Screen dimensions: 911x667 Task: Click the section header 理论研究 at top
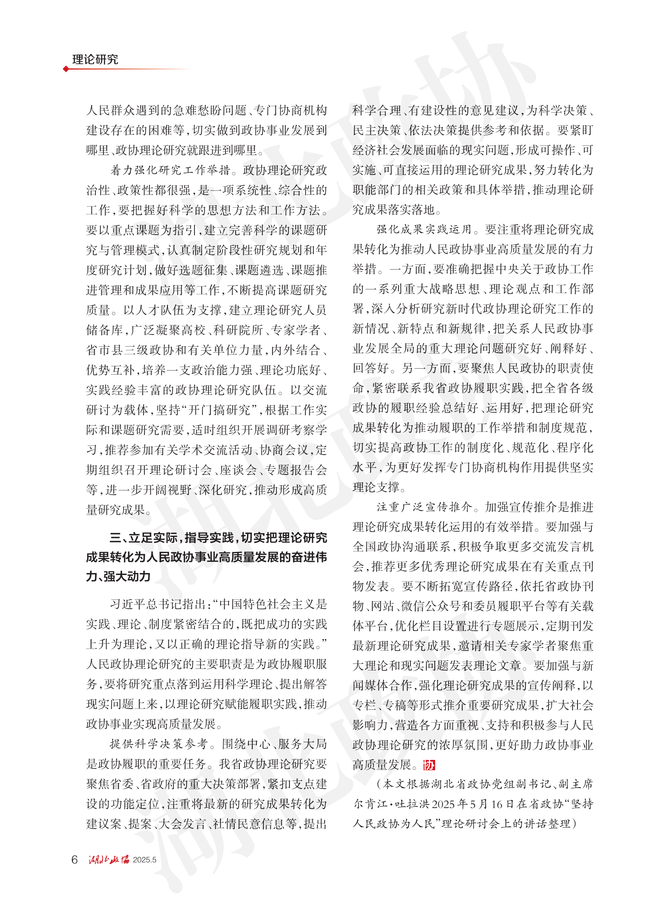coord(95,59)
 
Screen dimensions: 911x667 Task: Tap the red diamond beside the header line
coord(66,69)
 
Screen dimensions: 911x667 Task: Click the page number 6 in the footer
coord(74,859)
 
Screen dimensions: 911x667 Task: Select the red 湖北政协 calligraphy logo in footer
coord(109,859)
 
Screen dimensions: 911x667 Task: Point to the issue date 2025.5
coord(144,860)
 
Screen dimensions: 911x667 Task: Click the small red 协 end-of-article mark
coord(429,765)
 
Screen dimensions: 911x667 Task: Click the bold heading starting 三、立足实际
coord(206,557)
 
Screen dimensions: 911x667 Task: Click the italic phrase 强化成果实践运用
coord(424,230)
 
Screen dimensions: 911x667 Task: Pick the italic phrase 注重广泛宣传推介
coord(424,507)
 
